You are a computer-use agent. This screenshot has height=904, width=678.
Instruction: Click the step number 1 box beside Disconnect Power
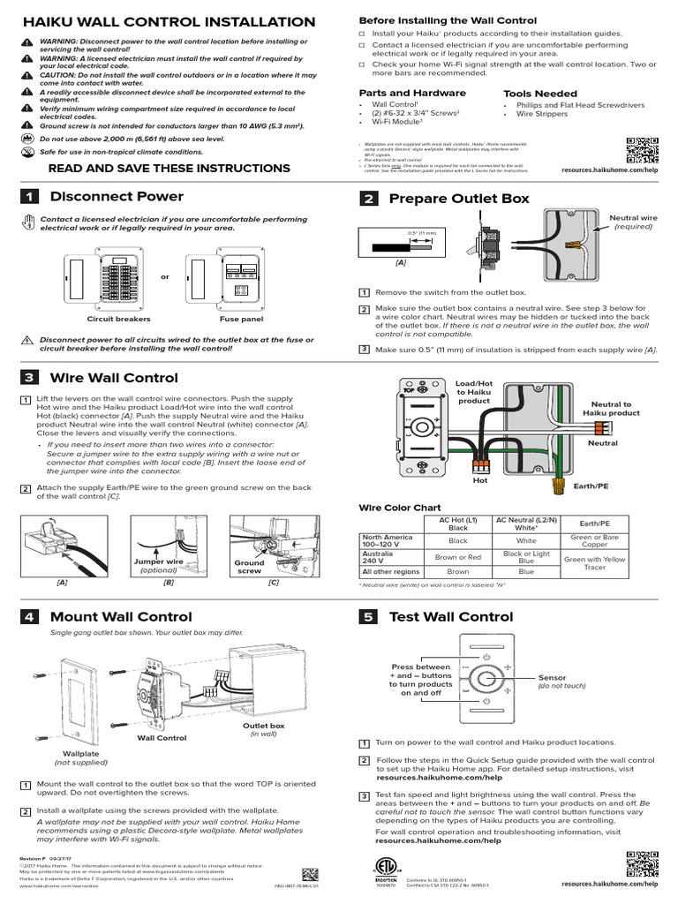point(30,197)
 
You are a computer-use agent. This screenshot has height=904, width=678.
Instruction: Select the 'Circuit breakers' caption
point(119,319)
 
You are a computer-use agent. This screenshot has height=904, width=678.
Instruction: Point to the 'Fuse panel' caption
point(235,319)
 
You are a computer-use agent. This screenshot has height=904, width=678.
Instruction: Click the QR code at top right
point(642,151)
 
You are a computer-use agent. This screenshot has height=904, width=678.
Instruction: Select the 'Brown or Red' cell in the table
point(458,557)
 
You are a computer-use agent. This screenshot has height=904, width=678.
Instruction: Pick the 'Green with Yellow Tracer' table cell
point(594,562)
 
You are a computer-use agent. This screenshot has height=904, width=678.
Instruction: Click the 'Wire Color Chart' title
point(398,508)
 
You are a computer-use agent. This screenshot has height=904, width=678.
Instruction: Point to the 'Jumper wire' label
point(158,561)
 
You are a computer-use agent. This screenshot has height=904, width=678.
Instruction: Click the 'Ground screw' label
point(249,567)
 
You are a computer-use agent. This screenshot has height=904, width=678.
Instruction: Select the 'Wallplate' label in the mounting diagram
point(78,754)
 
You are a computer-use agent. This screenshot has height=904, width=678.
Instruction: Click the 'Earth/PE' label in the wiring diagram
point(591,486)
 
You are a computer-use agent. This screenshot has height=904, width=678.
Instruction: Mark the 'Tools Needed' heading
point(539,94)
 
